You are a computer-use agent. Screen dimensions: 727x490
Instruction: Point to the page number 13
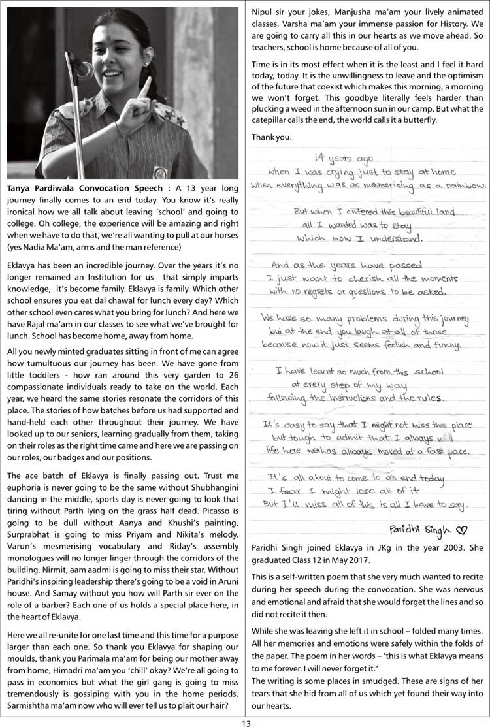tap(245, 722)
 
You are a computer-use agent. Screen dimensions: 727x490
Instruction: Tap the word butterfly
tap(414, 120)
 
